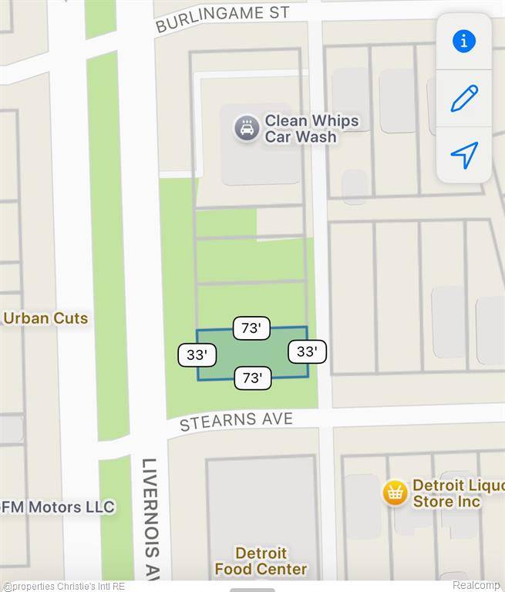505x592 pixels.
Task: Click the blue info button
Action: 463,42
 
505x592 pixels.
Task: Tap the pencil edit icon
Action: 463,99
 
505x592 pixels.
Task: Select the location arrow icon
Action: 463,155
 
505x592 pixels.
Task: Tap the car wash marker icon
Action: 247,128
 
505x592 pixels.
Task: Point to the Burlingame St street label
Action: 222,20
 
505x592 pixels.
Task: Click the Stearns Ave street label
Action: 236,421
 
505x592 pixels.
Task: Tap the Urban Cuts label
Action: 46,318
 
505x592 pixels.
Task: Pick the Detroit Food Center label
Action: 261,561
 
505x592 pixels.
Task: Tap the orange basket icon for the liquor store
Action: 396,493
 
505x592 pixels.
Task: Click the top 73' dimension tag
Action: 251,328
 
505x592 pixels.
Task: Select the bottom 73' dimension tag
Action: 252,378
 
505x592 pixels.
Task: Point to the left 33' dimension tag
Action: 197,355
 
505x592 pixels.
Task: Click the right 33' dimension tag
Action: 307,351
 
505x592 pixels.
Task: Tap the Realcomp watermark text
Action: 476,585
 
